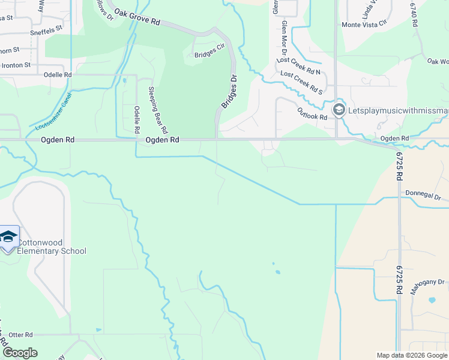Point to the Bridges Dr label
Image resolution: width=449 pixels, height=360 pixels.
230,92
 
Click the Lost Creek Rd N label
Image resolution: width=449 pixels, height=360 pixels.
299,66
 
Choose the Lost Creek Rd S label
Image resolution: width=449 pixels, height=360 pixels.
301,82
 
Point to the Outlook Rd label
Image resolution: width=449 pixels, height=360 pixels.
312,113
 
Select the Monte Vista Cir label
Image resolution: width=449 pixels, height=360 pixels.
364,25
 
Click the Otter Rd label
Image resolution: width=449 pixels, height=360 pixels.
20,334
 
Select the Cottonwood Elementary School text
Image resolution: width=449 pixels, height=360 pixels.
52,247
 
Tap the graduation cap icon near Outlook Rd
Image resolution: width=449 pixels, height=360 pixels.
339,110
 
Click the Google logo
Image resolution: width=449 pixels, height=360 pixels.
19,353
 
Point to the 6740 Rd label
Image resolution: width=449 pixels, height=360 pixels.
414,14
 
